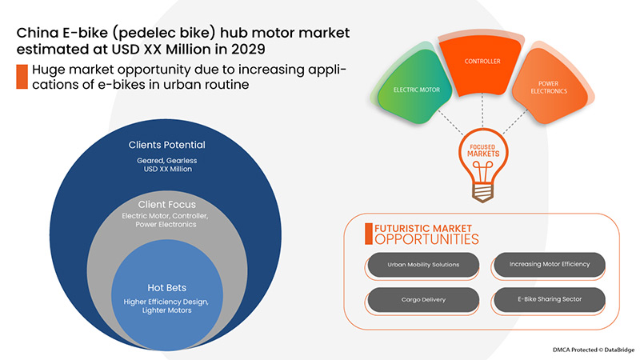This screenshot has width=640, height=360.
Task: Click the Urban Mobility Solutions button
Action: (423, 265)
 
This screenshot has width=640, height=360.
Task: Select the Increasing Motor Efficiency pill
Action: (547, 265)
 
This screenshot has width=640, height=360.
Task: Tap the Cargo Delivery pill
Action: (423, 300)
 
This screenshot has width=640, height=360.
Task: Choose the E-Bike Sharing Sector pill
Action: (547, 300)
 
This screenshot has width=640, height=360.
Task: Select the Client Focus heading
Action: (167, 204)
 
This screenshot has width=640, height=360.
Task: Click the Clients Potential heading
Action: (167, 145)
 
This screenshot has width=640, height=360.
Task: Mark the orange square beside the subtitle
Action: (21, 76)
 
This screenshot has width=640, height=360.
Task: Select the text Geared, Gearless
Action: (167, 160)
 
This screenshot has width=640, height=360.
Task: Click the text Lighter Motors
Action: (167, 312)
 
